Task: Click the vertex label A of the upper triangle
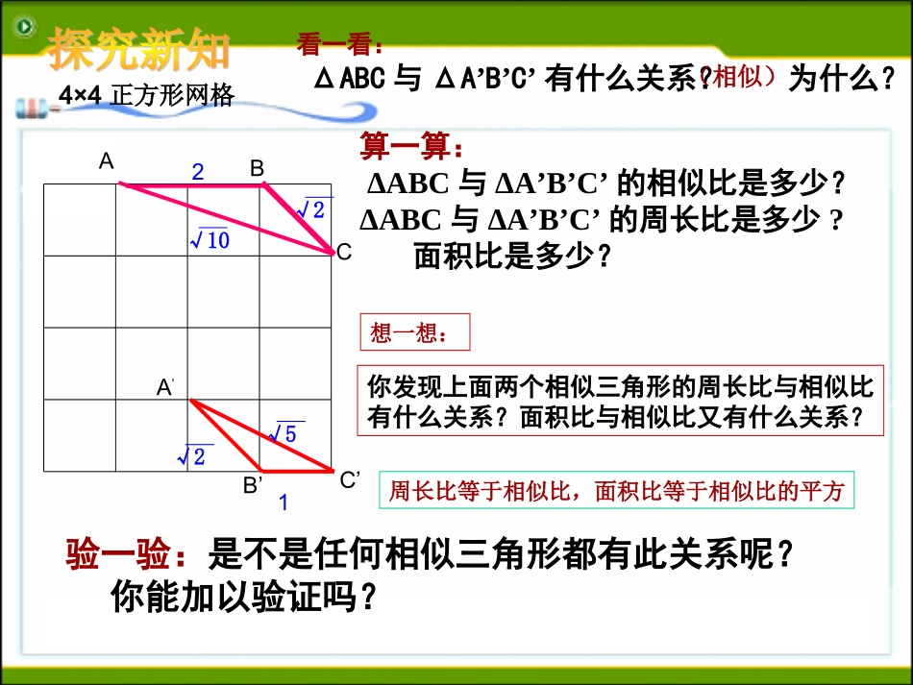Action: [107, 161]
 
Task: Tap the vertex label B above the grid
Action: [257, 168]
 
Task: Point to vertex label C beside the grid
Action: [343, 252]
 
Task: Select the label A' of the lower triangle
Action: [165, 387]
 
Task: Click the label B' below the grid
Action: [252, 485]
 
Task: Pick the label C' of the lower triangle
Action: [350, 480]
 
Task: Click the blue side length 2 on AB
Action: [198, 173]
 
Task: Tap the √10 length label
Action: [209, 239]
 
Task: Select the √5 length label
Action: [285, 433]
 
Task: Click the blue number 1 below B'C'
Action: [284, 502]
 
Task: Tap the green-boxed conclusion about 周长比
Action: [616, 492]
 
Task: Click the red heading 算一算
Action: [411, 147]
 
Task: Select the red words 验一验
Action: [118, 554]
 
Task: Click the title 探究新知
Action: [140, 49]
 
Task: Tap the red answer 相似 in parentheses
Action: [744, 78]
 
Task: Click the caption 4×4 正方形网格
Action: [145, 95]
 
